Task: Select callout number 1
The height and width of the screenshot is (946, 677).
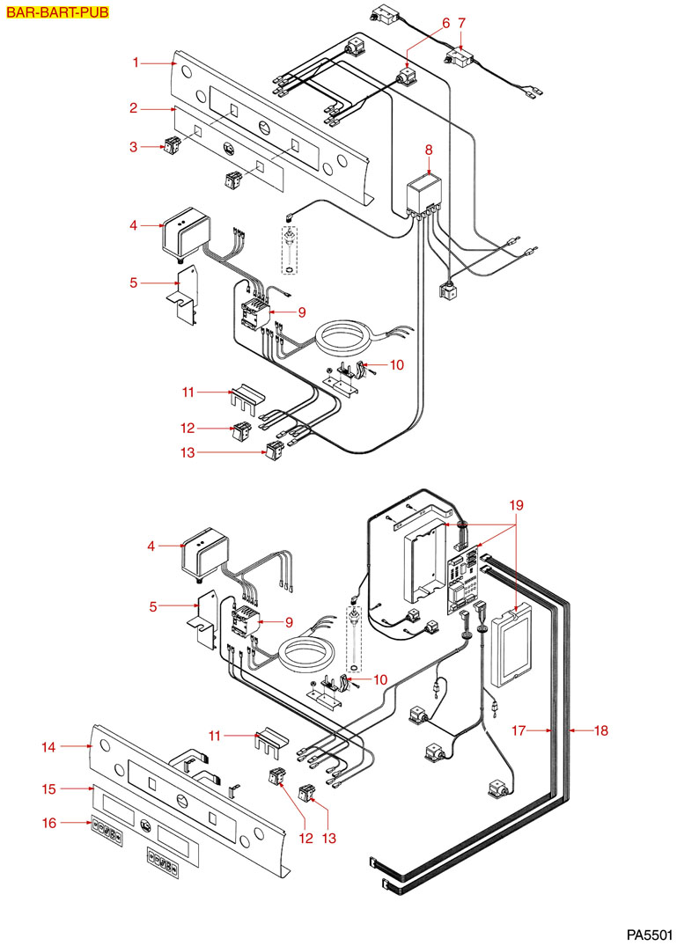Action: (136, 62)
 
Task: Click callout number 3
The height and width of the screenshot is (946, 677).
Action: (133, 147)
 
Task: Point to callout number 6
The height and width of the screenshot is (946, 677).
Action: (445, 22)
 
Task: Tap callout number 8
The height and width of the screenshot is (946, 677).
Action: (429, 149)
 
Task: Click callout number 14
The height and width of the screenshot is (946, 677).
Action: (48, 747)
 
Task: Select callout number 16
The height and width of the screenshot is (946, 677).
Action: (48, 823)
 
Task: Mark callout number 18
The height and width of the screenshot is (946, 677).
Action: (602, 730)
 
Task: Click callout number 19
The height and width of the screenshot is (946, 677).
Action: (517, 505)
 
